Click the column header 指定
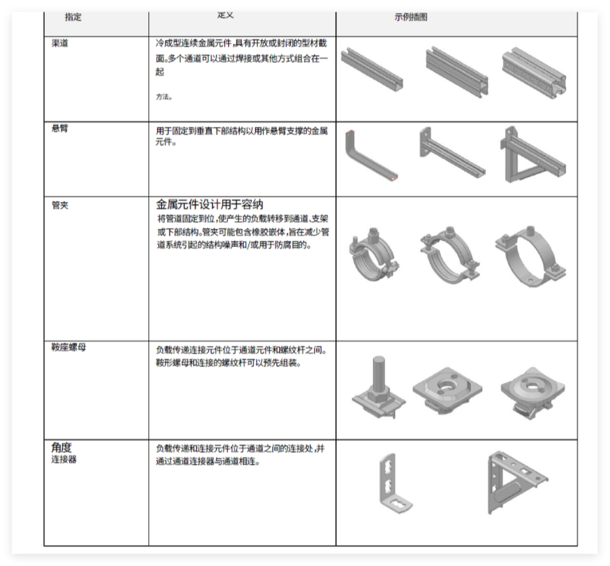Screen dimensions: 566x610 [73, 17]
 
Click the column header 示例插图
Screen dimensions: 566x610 [411, 17]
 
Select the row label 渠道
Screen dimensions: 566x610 [60, 43]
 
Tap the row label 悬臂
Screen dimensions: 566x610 [60, 129]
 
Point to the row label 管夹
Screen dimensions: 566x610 [60, 205]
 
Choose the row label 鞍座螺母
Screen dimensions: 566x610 [68, 347]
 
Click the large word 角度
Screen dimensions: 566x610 [61, 447]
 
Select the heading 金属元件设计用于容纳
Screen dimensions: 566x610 [209, 205]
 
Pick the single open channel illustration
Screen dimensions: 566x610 [372, 68]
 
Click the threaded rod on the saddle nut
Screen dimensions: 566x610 [378, 373]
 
